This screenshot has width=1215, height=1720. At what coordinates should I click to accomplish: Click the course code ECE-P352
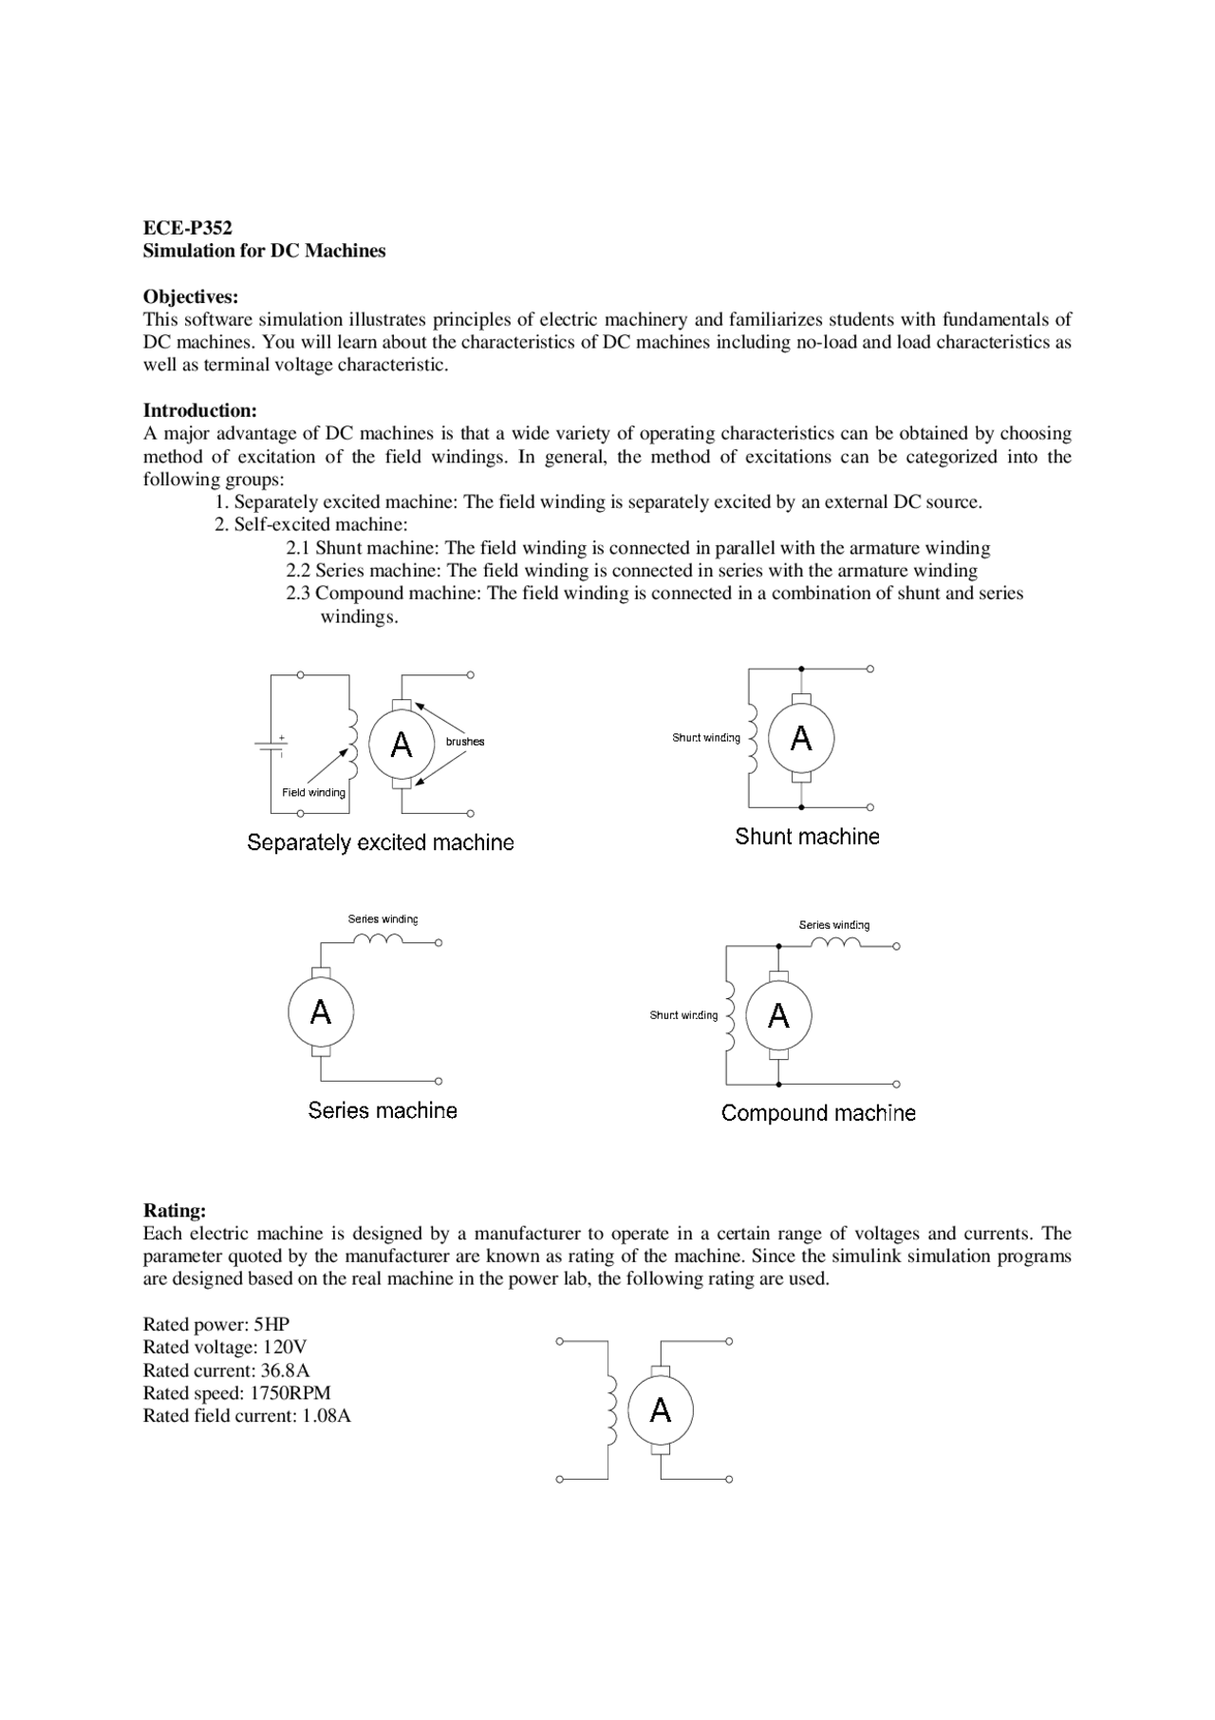(187, 228)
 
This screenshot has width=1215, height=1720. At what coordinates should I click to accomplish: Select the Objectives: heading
(190, 297)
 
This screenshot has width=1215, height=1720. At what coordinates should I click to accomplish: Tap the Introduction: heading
(199, 411)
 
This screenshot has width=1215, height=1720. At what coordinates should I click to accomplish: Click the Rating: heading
(174, 1211)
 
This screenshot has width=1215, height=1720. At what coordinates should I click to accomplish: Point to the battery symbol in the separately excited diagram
(271, 745)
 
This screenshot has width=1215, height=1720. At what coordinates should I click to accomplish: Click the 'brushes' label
(464, 742)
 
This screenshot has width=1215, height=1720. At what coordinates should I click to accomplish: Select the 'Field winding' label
(313, 793)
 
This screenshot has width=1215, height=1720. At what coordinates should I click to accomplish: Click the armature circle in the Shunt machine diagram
(801, 739)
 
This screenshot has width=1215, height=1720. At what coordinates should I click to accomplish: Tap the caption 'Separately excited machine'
(380, 842)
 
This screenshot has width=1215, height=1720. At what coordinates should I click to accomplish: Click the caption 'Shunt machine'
(807, 837)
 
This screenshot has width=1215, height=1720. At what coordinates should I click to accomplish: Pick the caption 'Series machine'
(383, 1110)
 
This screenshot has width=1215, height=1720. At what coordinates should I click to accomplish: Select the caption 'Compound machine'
(818, 1113)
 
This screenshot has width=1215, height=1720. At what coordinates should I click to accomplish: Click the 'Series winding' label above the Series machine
(383, 919)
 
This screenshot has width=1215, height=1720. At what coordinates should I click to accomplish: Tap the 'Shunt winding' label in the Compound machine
(683, 1015)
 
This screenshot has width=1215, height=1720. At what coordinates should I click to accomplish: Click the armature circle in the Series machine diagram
(321, 1012)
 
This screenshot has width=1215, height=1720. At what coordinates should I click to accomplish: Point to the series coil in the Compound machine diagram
(837, 943)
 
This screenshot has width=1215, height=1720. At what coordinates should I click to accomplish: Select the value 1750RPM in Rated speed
(290, 1393)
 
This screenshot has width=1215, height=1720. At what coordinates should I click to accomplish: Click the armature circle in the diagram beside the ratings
(661, 1410)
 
